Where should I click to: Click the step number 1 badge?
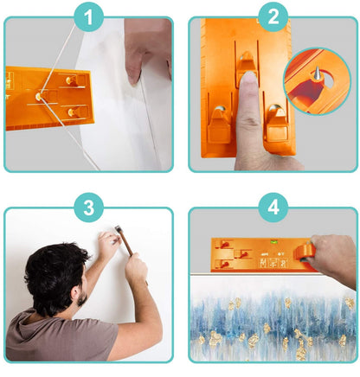[x=89, y=16]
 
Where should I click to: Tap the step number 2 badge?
[x=273, y=16]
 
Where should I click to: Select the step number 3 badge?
[x=89, y=208]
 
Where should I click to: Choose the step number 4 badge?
[x=273, y=208]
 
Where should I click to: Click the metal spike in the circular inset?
[x=317, y=72]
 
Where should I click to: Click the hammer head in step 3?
[x=118, y=229]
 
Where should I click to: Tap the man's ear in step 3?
[x=74, y=292]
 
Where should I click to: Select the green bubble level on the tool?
[x=273, y=242]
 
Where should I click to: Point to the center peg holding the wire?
[x=38, y=96]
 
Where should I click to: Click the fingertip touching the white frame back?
[x=134, y=78]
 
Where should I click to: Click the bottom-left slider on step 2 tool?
[x=219, y=125]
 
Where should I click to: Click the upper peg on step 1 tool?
[x=71, y=80]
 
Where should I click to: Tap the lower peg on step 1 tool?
[x=72, y=112]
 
